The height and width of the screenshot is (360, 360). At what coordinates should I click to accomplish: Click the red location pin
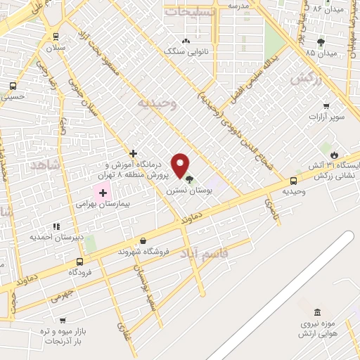coord(181,165)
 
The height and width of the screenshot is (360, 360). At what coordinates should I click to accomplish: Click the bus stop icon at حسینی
coord(13,86)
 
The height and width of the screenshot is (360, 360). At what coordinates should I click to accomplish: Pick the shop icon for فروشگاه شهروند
coord(143,240)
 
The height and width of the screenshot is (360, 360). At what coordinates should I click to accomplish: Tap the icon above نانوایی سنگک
coord(185,41)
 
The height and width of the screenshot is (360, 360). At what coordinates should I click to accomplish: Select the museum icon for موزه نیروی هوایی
coord(318,312)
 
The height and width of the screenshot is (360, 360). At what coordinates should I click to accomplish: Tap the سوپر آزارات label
coord(321,116)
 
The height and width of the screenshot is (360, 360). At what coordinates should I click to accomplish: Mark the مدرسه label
coord(239,4)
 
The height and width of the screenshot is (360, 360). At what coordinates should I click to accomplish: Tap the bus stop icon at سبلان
coord(56,37)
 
